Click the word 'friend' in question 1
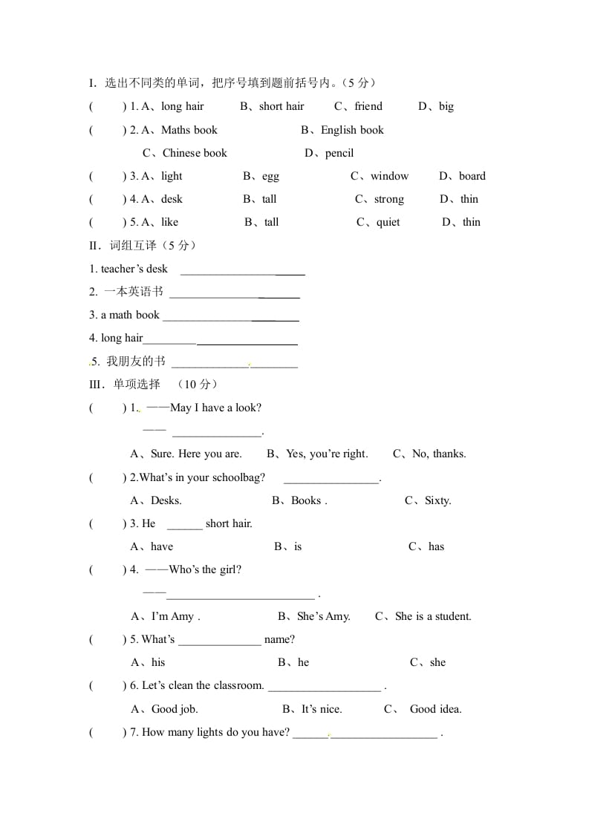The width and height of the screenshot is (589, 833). (x=368, y=106)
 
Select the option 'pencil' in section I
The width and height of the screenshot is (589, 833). (x=339, y=153)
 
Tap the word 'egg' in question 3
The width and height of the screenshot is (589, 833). (x=270, y=176)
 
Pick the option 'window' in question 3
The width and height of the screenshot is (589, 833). (x=389, y=176)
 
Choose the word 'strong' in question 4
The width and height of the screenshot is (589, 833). (x=389, y=199)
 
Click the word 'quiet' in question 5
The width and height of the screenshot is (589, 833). (x=388, y=222)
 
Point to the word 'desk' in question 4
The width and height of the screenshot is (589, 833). (x=172, y=199)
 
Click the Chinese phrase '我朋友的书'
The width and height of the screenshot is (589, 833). (x=135, y=361)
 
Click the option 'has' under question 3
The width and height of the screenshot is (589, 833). (x=436, y=546)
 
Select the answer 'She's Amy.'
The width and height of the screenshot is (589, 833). (x=323, y=616)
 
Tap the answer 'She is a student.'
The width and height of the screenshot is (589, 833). (x=433, y=616)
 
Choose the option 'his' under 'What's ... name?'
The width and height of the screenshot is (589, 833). (x=158, y=662)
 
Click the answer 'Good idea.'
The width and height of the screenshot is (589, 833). (x=435, y=709)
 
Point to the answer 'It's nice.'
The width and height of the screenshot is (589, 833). (x=322, y=709)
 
